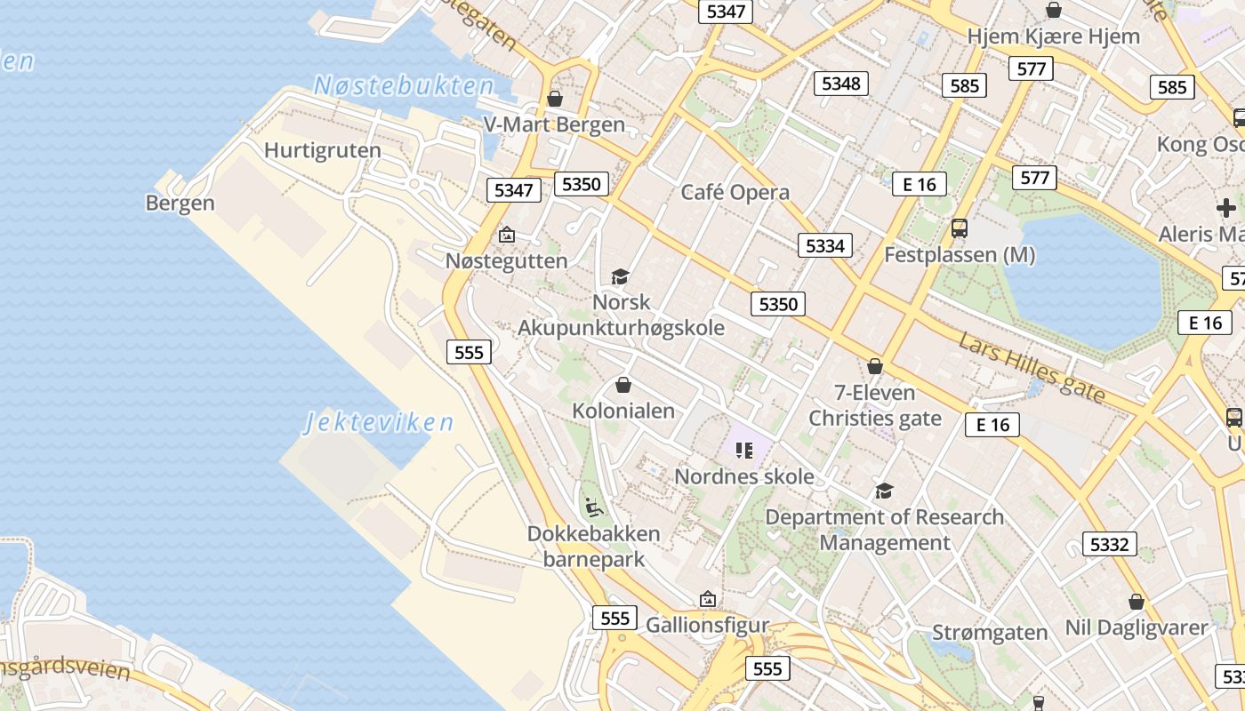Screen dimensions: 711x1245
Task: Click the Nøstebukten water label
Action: (x=404, y=86)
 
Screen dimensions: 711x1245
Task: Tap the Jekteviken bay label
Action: (x=379, y=422)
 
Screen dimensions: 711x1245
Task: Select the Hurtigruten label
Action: (x=323, y=150)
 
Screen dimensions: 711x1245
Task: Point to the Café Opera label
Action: (x=735, y=193)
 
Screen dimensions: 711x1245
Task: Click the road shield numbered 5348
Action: (x=841, y=84)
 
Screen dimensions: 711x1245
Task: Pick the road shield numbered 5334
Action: (x=824, y=245)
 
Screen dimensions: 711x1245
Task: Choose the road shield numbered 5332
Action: (x=1109, y=544)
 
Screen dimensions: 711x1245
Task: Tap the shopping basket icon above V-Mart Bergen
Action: (x=555, y=99)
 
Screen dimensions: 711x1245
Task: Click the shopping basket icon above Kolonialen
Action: (x=623, y=385)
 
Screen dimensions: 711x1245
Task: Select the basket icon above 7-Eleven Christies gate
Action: (x=875, y=366)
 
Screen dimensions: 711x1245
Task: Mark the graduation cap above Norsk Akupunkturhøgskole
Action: (x=620, y=277)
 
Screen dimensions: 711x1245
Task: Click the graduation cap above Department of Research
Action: (x=884, y=491)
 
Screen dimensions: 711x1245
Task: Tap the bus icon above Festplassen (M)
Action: (x=960, y=228)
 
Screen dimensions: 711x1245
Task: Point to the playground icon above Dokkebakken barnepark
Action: (x=594, y=507)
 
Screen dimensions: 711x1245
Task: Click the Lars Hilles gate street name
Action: (x=1032, y=366)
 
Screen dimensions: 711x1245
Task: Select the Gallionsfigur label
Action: (x=707, y=625)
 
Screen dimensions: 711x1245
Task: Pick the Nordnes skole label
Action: (x=743, y=476)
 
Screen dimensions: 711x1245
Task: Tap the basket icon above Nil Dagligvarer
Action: (x=1136, y=602)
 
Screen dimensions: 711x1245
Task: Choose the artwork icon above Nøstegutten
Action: (x=507, y=235)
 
